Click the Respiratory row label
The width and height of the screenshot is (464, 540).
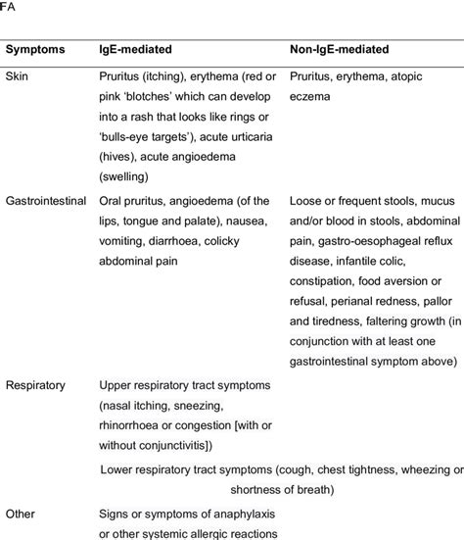click(35, 385)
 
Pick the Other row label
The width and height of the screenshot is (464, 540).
click(21, 513)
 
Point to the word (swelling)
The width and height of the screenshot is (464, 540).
click(127, 177)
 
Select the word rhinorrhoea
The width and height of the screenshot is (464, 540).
click(134, 427)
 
